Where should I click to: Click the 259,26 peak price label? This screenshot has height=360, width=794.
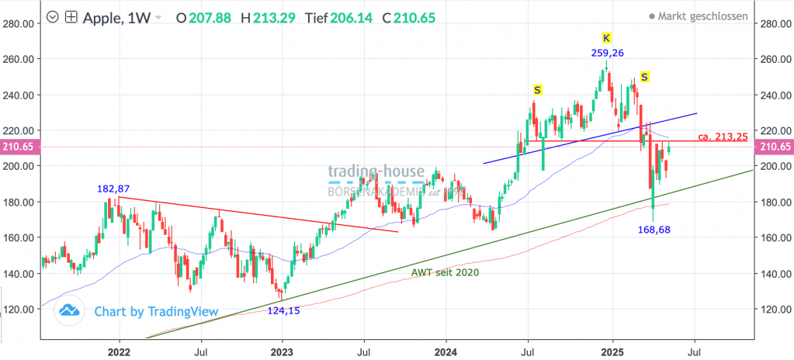click(606, 53)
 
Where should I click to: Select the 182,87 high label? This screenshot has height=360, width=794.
click(113, 189)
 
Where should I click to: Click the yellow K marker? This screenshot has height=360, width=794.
click(607, 37)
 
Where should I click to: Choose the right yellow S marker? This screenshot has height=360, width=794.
click(645, 76)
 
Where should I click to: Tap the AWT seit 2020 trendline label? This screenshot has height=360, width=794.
click(445, 272)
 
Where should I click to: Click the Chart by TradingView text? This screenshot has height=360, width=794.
click(155, 312)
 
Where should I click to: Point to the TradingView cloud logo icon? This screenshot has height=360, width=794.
click(70, 311)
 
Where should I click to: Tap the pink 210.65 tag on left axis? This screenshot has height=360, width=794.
click(18, 147)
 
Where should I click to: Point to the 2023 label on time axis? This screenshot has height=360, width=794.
click(282, 351)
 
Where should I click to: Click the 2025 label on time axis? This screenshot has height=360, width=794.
click(612, 351)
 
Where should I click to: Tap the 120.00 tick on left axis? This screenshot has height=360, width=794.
click(18, 310)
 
